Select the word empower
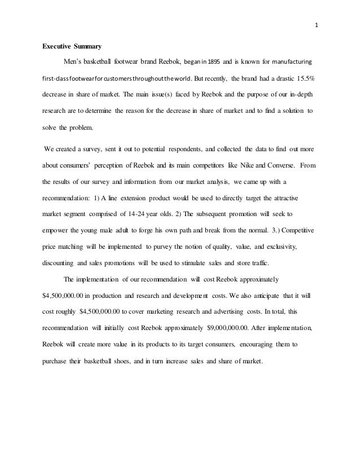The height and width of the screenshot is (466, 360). (x=59, y=231)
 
